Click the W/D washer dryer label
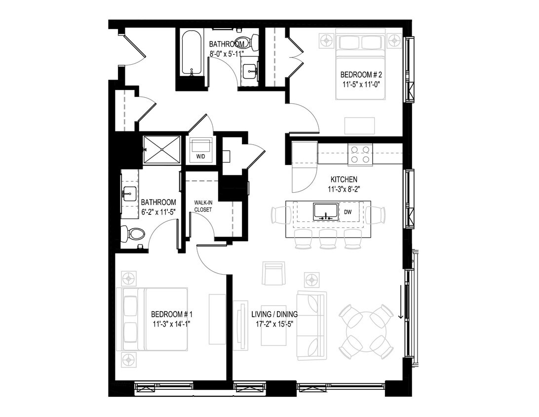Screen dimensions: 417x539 [201, 157]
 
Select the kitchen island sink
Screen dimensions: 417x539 [326, 211]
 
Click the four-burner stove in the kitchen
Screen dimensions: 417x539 [360, 154]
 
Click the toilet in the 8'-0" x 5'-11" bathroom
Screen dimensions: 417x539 [245, 42]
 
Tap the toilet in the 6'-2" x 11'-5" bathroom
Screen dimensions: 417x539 [132, 234]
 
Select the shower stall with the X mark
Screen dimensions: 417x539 [162, 149]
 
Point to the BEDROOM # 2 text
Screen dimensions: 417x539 [361, 75]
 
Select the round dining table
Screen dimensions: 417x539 [366, 331]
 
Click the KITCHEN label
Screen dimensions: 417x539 [344, 179]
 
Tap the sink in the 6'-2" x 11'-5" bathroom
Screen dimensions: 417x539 [129, 194]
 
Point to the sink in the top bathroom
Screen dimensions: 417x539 [251, 72]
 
